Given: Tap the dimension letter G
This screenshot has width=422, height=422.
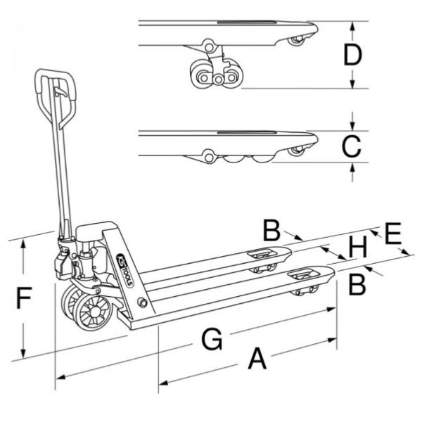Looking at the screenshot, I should (211, 341).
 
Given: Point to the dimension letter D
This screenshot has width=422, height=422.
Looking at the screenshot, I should (352, 54).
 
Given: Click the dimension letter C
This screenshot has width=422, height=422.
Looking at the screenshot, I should (351, 146).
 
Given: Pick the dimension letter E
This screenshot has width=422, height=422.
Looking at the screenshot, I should (393, 234).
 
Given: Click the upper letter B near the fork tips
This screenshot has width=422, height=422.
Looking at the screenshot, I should (272, 229).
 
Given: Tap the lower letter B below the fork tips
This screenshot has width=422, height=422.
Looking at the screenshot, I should (357, 284).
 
